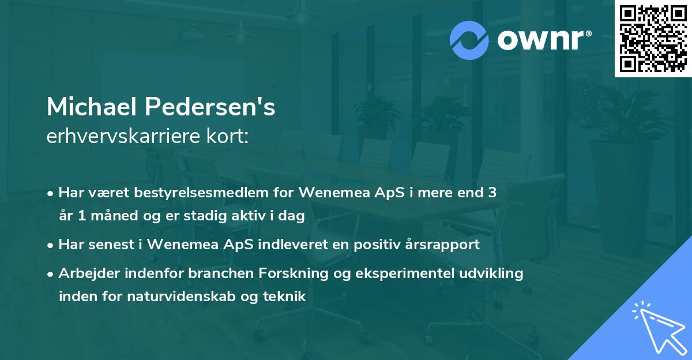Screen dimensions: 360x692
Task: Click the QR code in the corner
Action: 652,39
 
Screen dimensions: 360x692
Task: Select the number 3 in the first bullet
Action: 492,193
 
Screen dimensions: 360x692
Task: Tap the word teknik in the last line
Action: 286,297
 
